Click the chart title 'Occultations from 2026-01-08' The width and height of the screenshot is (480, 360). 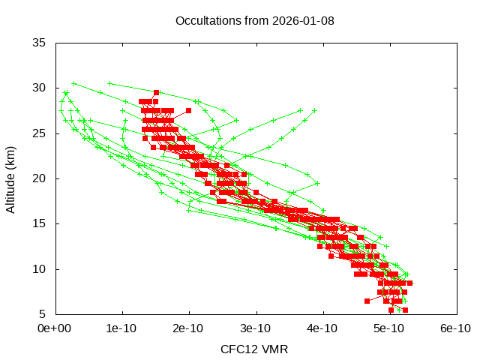[x=255, y=20]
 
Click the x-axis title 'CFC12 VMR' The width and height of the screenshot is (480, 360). [x=254, y=349]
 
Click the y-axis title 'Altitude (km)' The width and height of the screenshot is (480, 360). [x=10, y=178]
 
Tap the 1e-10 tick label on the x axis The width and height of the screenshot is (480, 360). [x=121, y=328]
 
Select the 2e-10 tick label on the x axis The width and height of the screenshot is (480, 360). [x=188, y=328]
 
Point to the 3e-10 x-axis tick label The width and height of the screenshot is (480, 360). [x=256, y=328]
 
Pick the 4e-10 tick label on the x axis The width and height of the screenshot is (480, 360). [x=322, y=328]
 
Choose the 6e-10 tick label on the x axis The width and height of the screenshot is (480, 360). [x=455, y=328]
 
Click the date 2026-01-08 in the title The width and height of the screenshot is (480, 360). [x=304, y=20]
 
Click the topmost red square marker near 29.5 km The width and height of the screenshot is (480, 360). [x=156, y=92]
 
